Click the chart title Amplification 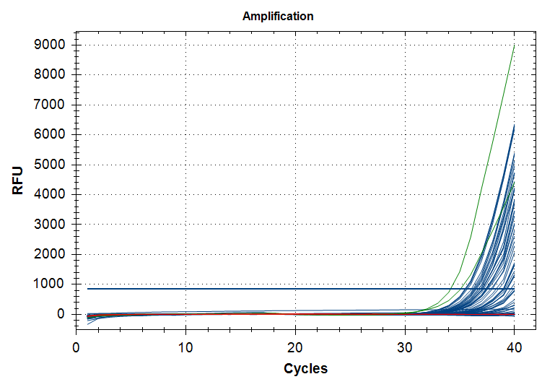(278, 16)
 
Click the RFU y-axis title (17, 181)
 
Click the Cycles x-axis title (305, 368)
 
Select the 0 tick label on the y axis (61, 315)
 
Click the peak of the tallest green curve (514, 45)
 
